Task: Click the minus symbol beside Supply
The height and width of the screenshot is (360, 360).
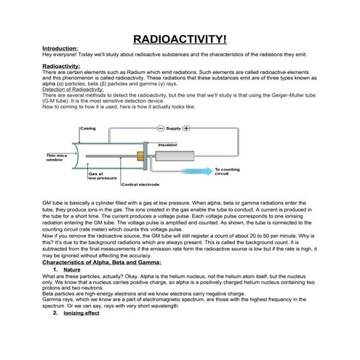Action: (x=161, y=128)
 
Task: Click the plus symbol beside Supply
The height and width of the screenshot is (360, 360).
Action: (x=187, y=128)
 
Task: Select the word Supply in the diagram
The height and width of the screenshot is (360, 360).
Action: (x=174, y=128)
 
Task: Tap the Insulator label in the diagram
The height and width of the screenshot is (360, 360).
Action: (x=168, y=144)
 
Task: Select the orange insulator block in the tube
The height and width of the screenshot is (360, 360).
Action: (x=137, y=155)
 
